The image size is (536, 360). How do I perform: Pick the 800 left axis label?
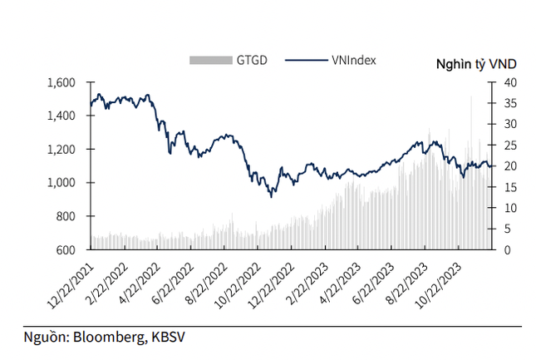66,216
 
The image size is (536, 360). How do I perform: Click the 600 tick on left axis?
66,249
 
